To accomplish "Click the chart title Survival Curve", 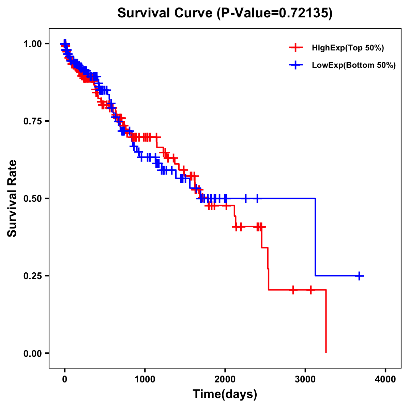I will tap(165, 13).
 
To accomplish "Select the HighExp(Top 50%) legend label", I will tap(348, 48).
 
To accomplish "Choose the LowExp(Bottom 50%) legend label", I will tap(354, 65).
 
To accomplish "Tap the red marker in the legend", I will tap(296, 48).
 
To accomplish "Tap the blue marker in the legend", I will tap(296, 65).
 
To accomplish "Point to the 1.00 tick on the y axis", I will tap(33, 44).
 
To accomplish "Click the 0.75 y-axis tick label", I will tap(33, 121).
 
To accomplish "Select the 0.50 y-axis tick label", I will tap(33, 198).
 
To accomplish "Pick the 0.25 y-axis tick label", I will tap(33, 276).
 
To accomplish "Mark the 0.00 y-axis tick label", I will tap(33, 353).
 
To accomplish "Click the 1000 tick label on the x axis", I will tap(145, 379).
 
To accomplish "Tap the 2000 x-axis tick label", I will tap(225, 379).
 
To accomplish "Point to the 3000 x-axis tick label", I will tap(305, 379).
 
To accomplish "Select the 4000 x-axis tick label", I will tap(385, 379).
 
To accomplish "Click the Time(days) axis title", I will tap(225, 394).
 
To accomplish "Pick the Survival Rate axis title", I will tap(12, 198).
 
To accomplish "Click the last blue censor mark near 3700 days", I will tap(359, 276).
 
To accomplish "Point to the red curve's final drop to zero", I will tap(326, 322).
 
